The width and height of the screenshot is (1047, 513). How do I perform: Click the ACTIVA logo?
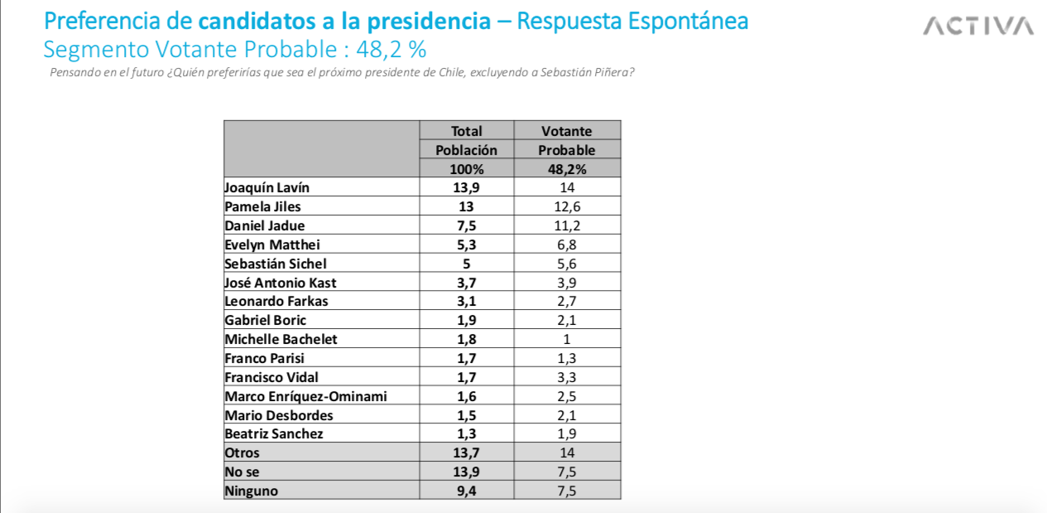(978, 27)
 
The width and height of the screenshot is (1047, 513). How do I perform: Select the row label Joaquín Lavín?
(267, 188)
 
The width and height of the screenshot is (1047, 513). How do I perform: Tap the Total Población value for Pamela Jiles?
(466, 207)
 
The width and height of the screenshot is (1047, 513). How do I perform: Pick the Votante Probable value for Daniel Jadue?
(567, 226)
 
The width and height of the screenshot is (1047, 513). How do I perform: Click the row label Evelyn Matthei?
(272, 245)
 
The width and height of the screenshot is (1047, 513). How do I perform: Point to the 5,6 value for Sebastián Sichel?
(567, 264)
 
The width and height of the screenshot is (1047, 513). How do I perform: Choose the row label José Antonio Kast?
(281, 283)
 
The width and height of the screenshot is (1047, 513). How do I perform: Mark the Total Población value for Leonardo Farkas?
(466, 302)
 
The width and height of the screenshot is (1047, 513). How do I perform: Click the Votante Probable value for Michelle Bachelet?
(567, 339)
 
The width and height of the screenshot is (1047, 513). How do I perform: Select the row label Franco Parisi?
(265, 358)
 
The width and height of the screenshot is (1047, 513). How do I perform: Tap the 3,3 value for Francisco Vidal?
(567, 377)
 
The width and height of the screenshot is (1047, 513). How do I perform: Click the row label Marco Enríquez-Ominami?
(305, 396)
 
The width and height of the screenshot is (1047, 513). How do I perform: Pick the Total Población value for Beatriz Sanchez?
(466, 433)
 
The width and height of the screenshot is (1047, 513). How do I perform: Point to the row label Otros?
(242, 453)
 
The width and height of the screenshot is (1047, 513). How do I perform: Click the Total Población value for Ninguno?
(466, 491)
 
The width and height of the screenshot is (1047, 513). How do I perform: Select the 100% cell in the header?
(466, 169)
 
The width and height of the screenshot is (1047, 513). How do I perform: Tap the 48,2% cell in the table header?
(567, 169)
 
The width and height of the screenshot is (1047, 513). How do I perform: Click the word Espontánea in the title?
(694, 22)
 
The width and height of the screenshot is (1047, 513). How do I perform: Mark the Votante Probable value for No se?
(567, 472)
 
